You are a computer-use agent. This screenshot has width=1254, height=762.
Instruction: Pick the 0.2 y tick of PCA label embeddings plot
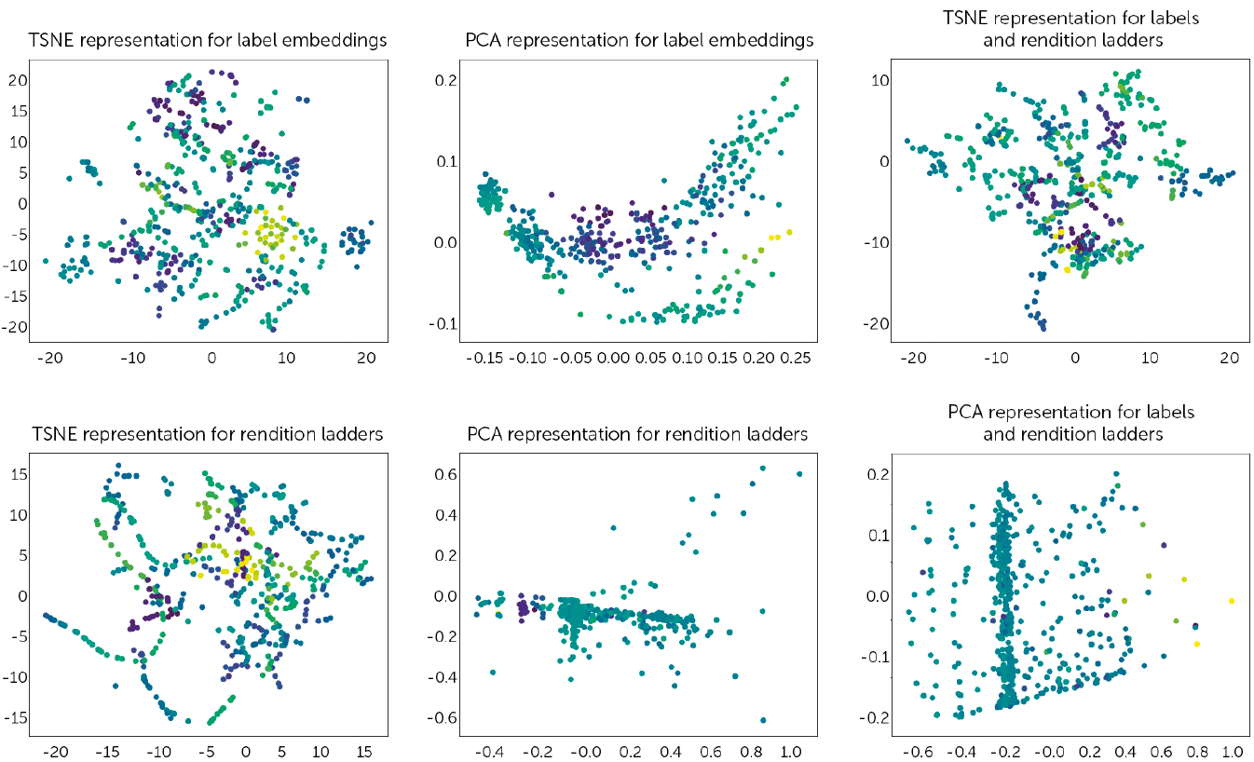(x=444, y=80)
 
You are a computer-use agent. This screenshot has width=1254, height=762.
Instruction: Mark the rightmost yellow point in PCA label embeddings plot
(x=789, y=232)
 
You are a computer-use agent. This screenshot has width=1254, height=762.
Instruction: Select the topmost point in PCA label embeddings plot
(x=786, y=80)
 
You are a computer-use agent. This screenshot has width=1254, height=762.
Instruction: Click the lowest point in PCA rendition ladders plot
(x=764, y=720)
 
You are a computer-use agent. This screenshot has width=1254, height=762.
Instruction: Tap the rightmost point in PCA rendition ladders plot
(x=799, y=474)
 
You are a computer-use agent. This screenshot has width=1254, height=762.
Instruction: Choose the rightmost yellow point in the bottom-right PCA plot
(x=1231, y=601)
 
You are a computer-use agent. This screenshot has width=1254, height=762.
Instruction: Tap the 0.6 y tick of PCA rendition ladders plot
(x=444, y=474)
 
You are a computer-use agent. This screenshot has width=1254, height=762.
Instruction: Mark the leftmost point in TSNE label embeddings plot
(x=46, y=261)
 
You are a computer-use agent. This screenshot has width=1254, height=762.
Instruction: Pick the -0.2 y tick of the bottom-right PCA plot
(x=875, y=718)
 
